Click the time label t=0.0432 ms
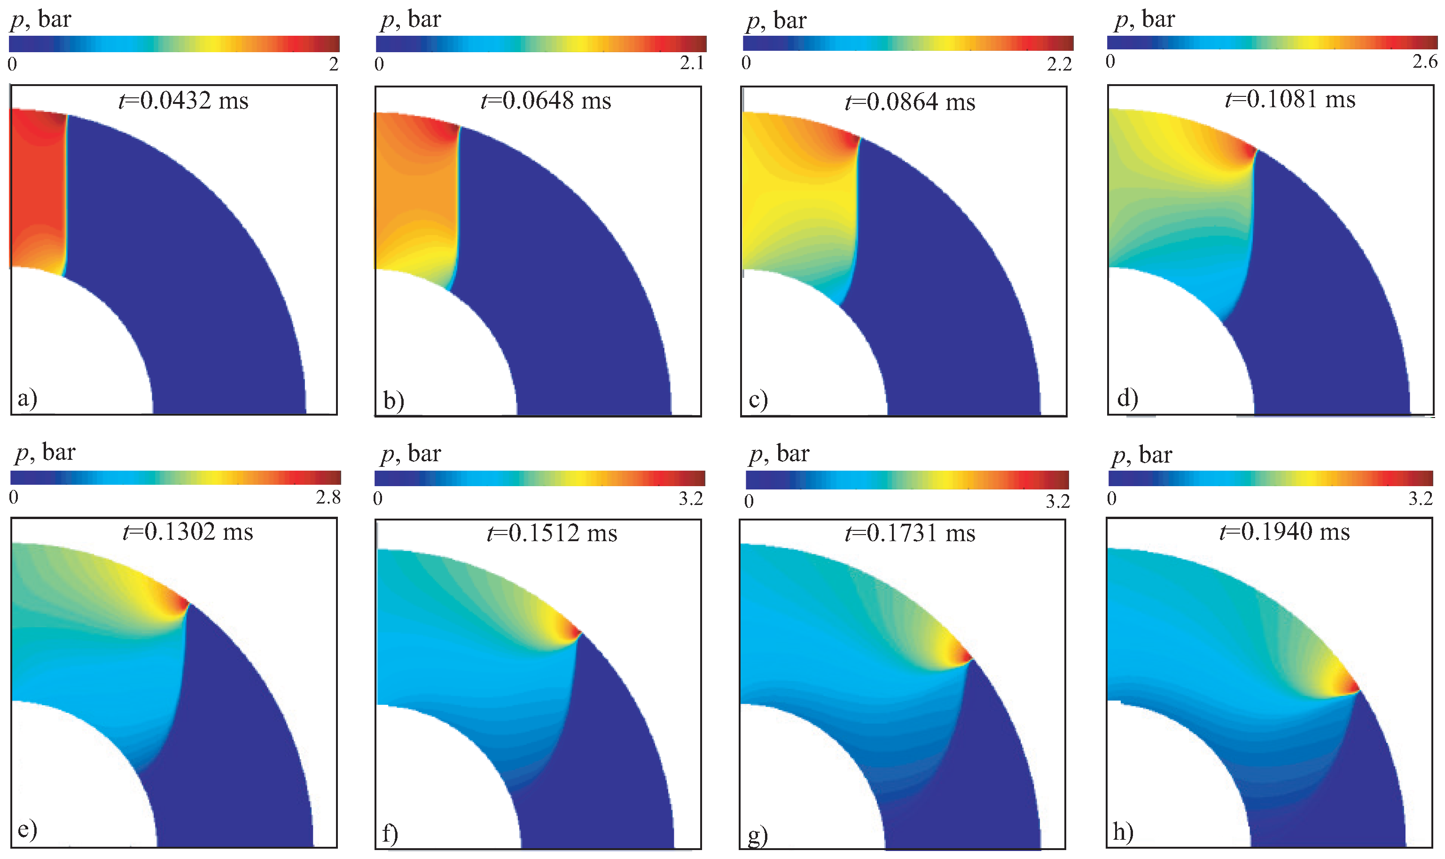click(x=183, y=101)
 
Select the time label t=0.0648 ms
click(x=546, y=101)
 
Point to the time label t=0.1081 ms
click(x=1290, y=100)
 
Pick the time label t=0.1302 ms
click(x=188, y=532)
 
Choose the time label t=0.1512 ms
click(x=552, y=533)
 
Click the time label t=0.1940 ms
click(x=1284, y=532)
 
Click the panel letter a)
click(x=27, y=398)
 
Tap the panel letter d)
click(x=1127, y=398)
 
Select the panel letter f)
click(x=391, y=834)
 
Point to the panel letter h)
click(x=1123, y=832)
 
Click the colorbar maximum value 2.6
click(x=1425, y=61)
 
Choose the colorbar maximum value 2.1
click(x=692, y=63)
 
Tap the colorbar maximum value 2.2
click(x=1059, y=63)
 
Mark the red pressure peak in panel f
click(x=576, y=631)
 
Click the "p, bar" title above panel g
click(x=779, y=454)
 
